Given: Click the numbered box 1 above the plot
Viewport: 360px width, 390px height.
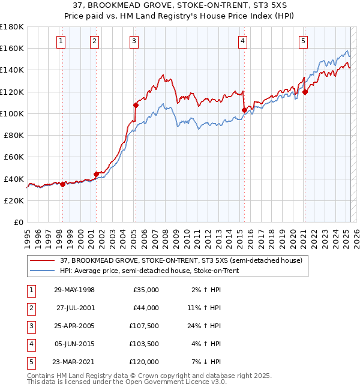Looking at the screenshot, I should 62,41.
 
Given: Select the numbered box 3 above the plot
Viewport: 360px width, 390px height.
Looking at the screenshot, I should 133,41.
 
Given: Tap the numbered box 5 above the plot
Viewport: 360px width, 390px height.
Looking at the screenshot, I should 303,41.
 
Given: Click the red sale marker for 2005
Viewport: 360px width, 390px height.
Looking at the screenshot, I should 136,105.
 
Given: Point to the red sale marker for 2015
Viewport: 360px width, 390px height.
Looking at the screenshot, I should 244,110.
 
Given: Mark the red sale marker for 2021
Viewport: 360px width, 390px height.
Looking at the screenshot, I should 305,92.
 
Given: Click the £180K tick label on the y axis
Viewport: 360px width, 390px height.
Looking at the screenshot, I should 11,26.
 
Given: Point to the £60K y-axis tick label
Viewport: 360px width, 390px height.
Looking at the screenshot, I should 13,157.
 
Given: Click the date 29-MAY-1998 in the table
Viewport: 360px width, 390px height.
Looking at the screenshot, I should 74,290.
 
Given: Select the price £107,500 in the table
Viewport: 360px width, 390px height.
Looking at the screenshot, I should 146,326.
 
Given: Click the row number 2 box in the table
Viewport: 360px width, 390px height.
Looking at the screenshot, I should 31,308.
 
